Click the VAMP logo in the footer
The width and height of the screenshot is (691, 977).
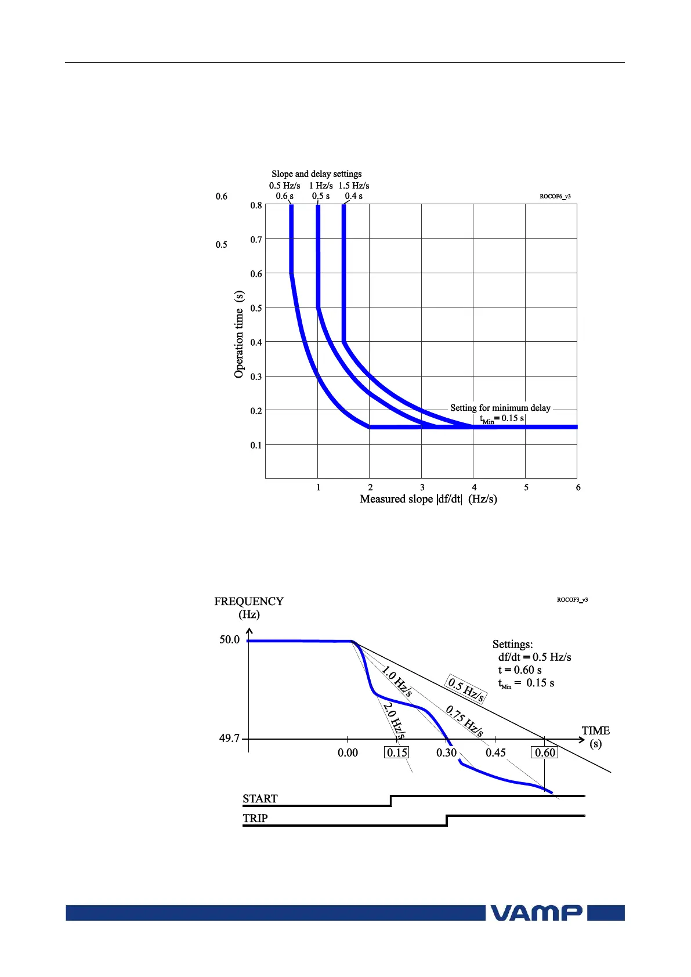click(536, 913)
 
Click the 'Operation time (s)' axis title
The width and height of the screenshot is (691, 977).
click(239, 335)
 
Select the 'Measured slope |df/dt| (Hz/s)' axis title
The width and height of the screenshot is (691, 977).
click(428, 500)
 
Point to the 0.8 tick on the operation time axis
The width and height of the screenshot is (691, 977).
click(256, 205)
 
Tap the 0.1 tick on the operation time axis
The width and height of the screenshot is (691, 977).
click(256, 446)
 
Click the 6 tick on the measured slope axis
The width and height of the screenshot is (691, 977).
click(578, 488)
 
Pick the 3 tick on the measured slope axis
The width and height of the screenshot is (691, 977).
click(422, 488)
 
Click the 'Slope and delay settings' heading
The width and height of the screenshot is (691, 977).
click(316, 174)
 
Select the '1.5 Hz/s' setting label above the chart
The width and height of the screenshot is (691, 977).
click(354, 186)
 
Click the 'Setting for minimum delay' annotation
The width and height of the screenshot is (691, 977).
click(500, 408)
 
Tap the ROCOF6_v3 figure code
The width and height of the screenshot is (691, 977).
click(555, 197)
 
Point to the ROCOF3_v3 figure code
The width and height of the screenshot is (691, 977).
click(572, 600)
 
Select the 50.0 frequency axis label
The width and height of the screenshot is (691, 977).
click(229, 640)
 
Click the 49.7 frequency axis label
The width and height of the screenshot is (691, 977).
click(229, 739)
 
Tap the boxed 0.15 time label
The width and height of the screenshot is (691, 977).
click(397, 753)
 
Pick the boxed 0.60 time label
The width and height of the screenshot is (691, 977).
click(545, 753)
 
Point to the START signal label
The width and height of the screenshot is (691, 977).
click(260, 799)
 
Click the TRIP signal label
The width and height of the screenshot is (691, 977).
click(255, 819)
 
